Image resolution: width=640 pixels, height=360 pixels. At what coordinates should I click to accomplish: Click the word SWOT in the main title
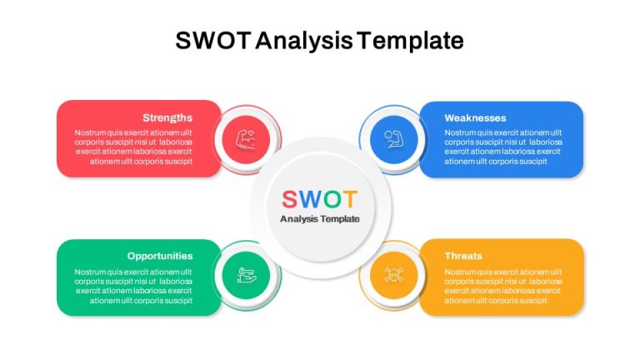pos(212,40)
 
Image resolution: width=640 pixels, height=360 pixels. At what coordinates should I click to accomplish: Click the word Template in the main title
pos(410,41)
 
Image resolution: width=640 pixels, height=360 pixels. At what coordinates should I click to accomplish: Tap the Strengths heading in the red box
pos(167,118)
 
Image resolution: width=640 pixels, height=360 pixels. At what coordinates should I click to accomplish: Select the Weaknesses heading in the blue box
pos(475,118)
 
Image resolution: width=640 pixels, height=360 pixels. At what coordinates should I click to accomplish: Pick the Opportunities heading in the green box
pos(160,256)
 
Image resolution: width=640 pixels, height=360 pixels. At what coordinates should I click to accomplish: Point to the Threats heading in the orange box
pos(463,256)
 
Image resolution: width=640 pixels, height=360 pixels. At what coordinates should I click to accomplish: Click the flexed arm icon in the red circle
pos(246,139)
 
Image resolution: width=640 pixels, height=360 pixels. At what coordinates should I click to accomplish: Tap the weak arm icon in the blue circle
pos(394,139)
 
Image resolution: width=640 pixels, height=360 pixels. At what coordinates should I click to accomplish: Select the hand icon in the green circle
pos(247,275)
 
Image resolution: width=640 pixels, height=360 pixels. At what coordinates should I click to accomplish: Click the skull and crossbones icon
pos(394,275)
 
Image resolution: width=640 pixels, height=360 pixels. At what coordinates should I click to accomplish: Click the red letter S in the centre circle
pos(289,200)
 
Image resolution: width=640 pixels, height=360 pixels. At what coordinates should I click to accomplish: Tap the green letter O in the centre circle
pos(332,200)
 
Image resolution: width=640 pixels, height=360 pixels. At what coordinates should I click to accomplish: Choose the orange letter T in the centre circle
pos(350,200)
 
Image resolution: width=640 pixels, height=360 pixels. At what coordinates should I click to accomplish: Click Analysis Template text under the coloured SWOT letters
pos(320,219)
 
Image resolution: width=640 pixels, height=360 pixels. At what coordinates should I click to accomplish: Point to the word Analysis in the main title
pos(304,41)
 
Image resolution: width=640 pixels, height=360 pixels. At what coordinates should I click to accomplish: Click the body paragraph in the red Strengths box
pos(133,147)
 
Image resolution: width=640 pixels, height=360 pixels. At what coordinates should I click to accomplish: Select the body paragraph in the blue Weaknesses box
pos(503,147)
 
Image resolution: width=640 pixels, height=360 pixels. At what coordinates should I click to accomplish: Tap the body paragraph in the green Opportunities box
pos(133,286)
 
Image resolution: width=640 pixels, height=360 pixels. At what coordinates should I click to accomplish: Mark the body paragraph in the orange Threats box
pos(503,286)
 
